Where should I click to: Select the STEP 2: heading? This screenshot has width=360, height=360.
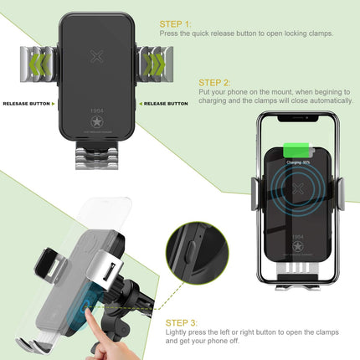pyautogui.click(x=216, y=83)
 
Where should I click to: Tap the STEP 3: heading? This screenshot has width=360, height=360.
pyautogui.click(x=183, y=322)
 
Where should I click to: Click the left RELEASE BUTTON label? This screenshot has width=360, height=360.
pyautogui.click(x=27, y=104)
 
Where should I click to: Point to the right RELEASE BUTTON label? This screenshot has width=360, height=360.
pyautogui.click(x=165, y=104)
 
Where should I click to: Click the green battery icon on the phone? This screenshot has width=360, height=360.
pyautogui.click(x=294, y=152)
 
